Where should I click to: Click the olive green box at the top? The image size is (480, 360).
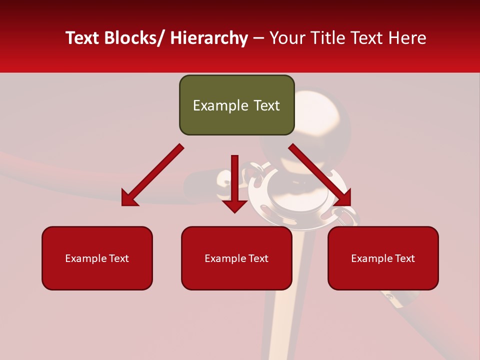click(236, 105)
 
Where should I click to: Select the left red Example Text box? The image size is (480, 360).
click(97, 258)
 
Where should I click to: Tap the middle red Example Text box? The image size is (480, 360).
click(236, 258)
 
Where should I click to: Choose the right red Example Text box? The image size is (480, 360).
click(383, 258)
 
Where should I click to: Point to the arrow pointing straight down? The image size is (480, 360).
click(233, 182)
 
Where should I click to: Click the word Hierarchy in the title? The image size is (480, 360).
click(209, 38)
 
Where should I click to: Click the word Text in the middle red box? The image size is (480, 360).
click(257, 258)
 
